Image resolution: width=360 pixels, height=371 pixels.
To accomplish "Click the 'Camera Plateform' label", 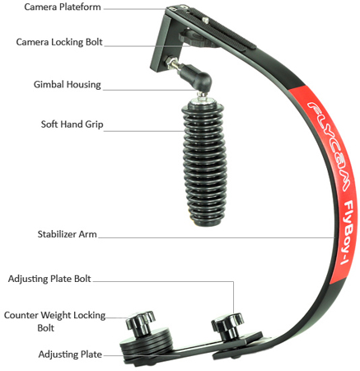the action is point(63,7).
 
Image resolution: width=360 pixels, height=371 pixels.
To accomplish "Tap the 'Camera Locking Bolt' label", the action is point(59,42).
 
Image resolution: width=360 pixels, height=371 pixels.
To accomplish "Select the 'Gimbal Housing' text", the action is point(68,84).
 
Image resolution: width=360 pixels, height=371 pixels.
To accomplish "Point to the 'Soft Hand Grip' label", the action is point(72,124).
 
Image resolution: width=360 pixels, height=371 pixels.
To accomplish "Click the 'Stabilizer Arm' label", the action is point(67,234).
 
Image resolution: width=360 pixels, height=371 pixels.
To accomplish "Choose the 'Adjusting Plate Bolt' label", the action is point(49,279).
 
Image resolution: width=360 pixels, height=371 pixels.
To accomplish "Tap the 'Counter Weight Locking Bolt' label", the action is point(54,321).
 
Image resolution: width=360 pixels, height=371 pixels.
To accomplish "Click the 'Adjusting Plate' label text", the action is point(70,355).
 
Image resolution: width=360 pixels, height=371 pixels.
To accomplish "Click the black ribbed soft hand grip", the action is point(204,162).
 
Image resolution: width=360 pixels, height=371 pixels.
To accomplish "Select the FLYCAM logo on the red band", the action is point(328,146).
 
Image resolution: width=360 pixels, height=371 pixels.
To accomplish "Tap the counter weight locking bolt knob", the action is point(140,322).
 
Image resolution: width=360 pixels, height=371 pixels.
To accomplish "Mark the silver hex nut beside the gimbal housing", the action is point(172,62).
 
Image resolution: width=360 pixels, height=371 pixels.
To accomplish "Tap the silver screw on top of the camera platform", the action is point(205,20).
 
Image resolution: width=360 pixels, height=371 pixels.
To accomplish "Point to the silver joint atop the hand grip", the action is point(203,96).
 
